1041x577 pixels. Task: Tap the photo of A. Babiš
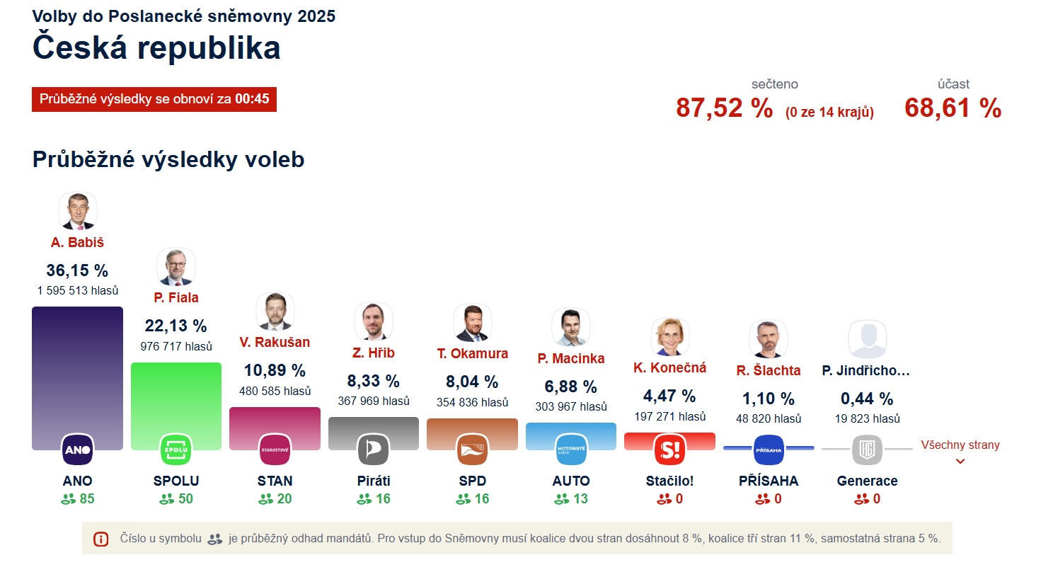click(77, 211)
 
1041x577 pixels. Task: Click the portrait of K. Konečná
click(669, 336)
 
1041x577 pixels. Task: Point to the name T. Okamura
click(472, 353)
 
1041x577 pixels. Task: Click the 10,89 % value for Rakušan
click(275, 370)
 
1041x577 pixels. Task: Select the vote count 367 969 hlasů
click(374, 401)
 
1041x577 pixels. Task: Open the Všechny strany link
click(960, 445)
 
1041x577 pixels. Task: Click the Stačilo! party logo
click(669, 450)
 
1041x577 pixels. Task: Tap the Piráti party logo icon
click(374, 450)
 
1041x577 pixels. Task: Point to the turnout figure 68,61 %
click(953, 108)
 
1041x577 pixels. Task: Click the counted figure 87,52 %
click(724, 108)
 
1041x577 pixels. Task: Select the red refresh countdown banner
click(154, 99)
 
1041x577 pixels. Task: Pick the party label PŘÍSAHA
click(768, 481)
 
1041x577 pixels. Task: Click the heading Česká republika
click(156, 48)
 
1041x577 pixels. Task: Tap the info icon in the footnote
click(101, 539)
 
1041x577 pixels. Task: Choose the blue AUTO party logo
click(571, 450)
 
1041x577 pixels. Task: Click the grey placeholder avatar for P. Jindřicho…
click(867, 338)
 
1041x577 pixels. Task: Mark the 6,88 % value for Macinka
click(570, 387)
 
